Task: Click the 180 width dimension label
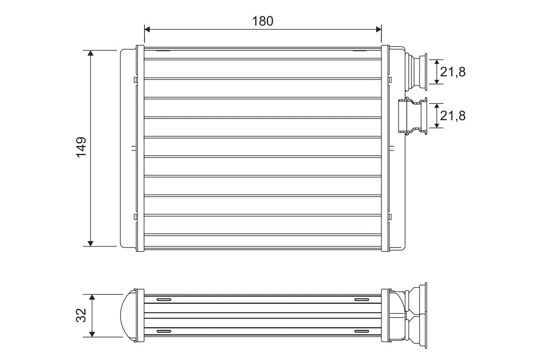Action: [x=262, y=21]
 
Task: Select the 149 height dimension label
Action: [x=81, y=147]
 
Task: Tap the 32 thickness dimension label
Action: [x=81, y=315]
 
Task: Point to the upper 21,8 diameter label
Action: [x=453, y=72]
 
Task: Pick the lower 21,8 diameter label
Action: [x=453, y=116]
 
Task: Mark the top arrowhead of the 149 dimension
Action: [x=91, y=53]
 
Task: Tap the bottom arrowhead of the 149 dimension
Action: [x=91, y=243]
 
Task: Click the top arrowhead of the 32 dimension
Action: [x=92, y=297]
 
